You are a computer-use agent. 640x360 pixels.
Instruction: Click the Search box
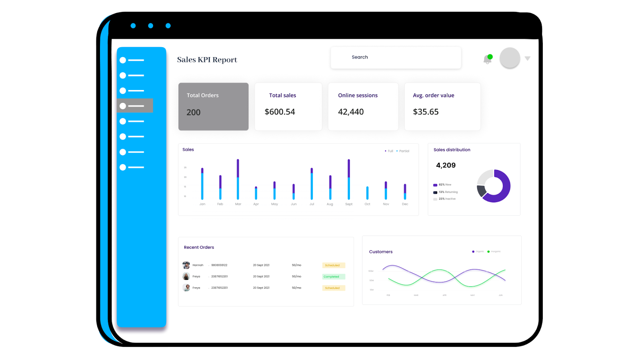click(395, 58)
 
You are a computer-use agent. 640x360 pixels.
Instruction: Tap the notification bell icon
click(487, 60)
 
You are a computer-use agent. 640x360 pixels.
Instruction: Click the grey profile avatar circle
click(510, 58)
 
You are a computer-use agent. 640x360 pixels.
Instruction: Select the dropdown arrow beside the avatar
click(528, 58)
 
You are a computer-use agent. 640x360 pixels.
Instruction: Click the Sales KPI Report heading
click(207, 60)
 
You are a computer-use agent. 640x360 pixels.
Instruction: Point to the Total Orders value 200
click(194, 112)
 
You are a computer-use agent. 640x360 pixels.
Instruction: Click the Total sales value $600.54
click(280, 112)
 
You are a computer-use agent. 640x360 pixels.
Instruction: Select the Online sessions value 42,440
click(351, 112)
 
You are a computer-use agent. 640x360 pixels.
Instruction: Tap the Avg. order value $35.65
click(426, 112)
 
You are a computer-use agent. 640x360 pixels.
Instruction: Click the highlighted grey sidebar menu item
click(135, 106)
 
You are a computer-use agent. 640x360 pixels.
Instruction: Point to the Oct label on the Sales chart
click(367, 204)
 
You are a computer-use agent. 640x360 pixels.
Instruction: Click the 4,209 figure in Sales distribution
click(446, 165)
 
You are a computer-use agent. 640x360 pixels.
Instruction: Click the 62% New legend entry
click(442, 185)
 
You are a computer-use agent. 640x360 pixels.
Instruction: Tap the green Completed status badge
click(333, 277)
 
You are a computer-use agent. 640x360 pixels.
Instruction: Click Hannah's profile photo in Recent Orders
click(186, 265)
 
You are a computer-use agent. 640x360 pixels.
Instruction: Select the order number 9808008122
click(219, 265)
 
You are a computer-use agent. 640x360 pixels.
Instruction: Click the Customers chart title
click(381, 252)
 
